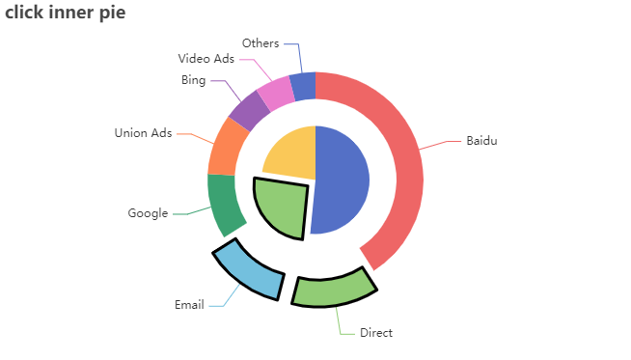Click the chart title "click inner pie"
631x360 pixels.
65,14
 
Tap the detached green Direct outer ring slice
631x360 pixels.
332,289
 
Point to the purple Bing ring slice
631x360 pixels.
249,110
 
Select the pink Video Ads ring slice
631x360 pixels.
276,93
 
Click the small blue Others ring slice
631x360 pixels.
303,87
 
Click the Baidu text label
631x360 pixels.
481,141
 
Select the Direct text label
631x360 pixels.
376,333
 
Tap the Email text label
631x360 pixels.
189,305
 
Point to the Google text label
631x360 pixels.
148,213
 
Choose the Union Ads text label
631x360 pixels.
143,133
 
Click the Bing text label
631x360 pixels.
193,80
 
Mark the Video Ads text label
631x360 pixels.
206,60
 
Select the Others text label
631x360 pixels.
261,43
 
